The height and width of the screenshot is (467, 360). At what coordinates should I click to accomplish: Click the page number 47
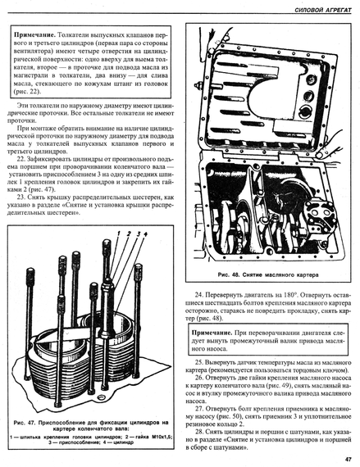pyautogui.click(x=348, y=460)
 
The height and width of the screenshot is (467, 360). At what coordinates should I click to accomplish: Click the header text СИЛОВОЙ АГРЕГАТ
pyautogui.click(x=323, y=10)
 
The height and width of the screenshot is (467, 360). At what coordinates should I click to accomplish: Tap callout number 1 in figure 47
pyautogui.click(x=118, y=233)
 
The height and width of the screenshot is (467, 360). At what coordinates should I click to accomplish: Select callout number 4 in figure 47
pyautogui.click(x=145, y=233)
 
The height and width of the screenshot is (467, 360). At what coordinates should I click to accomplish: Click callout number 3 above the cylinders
pyautogui.click(x=139, y=233)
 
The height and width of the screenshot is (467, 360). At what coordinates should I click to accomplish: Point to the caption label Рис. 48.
pyautogui.click(x=229, y=274)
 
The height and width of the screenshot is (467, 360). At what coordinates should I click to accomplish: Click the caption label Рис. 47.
pyautogui.click(x=25, y=423)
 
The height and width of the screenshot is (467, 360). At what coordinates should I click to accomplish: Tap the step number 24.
pyautogui.click(x=198, y=295)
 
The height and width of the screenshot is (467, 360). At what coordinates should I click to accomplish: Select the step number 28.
pyautogui.click(x=198, y=432)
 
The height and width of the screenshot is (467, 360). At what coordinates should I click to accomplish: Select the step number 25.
pyautogui.click(x=198, y=363)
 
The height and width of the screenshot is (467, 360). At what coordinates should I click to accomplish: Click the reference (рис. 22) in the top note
pyautogui.click(x=27, y=92)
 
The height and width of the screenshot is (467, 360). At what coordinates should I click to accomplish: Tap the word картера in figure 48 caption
pyautogui.click(x=308, y=275)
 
